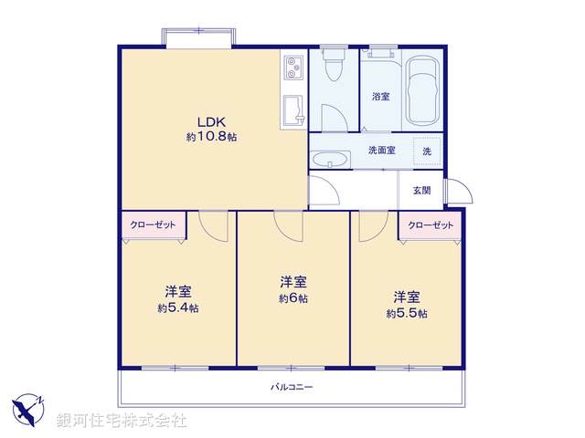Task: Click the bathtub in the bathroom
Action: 422,92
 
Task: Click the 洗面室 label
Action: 381,150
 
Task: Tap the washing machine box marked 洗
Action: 427,151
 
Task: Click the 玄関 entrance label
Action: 421,190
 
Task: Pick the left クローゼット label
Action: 152,224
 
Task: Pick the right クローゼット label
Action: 430,224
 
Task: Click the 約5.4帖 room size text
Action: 177,308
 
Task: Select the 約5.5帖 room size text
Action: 406,312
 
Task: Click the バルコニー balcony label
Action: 292,387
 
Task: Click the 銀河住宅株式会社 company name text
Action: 121,421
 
